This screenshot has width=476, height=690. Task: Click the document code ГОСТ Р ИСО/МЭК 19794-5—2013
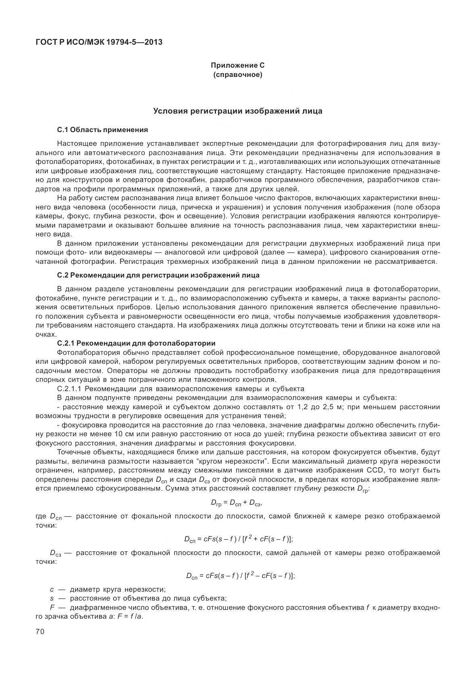(x=99, y=41)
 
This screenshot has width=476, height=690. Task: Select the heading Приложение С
(x=238, y=65)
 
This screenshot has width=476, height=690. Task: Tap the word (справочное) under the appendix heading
(x=238, y=75)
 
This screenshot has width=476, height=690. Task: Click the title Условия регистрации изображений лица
(x=238, y=111)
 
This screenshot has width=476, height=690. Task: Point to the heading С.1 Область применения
(x=102, y=130)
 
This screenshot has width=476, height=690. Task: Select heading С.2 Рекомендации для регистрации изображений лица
(x=158, y=275)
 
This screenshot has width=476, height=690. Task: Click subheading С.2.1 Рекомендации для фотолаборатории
(x=136, y=343)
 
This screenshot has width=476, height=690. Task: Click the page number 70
(x=40, y=632)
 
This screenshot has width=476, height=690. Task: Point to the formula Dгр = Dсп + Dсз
(x=238, y=502)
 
